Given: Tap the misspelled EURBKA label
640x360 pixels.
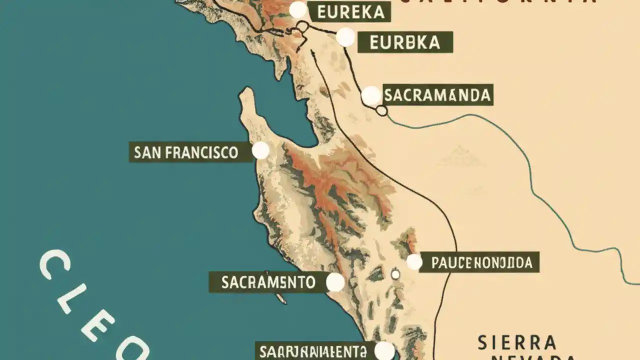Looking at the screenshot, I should click(405, 42).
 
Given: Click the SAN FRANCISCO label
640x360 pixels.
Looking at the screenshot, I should click(186, 152).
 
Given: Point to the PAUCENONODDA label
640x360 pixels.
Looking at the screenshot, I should click(479, 262).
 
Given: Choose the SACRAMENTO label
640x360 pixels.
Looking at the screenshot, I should click(268, 282).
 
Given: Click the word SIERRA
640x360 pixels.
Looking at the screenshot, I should click(516, 343).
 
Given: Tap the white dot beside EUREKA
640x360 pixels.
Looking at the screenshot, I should click(298, 10).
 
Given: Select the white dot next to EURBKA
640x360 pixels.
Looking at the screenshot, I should click(345, 37).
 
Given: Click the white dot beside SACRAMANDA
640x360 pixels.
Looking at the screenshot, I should click(371, 96).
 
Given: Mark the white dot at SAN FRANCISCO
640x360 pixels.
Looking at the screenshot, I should click(260, 150).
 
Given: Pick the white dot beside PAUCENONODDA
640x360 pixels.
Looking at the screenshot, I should click(414, 261).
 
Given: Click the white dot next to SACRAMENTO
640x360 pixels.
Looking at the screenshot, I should click(335, 282).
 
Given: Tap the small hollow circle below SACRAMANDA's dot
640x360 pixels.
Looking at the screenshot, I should click(381, 110).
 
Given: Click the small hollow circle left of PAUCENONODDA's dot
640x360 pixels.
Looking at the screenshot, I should click(395, 274).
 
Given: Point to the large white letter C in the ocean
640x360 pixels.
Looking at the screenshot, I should click(54, 265).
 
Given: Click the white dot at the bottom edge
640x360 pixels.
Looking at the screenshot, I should click(384, 350).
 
